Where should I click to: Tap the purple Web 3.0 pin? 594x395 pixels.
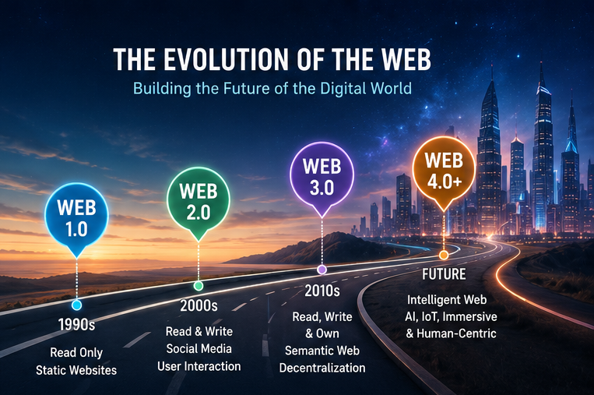(x=322, y=178)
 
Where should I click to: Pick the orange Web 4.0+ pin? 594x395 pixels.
(x=444, y=171)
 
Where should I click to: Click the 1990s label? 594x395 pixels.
(x=76, y=324)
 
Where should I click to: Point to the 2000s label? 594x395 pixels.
(x=199, y=305)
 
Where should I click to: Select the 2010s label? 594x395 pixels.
(x=322, y=291)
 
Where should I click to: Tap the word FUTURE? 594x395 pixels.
(x=444, y=274)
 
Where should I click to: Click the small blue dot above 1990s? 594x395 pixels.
(x=76, y=305)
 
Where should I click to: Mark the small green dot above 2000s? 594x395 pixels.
(x=198, y=285)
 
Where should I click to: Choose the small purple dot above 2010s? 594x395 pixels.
(x=322, y=270)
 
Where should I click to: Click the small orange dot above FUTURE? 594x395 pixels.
(x=444, y=255)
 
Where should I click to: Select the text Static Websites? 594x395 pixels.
(x=76, y=370)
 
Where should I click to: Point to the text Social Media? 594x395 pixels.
(x=199, y=349)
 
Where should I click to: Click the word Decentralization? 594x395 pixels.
(x=322, y=368)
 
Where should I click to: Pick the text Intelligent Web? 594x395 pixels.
(x=447, y=300)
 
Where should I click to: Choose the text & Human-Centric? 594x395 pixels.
(x=451, y=333)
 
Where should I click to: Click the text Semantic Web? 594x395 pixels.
(x=322, y=351)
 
